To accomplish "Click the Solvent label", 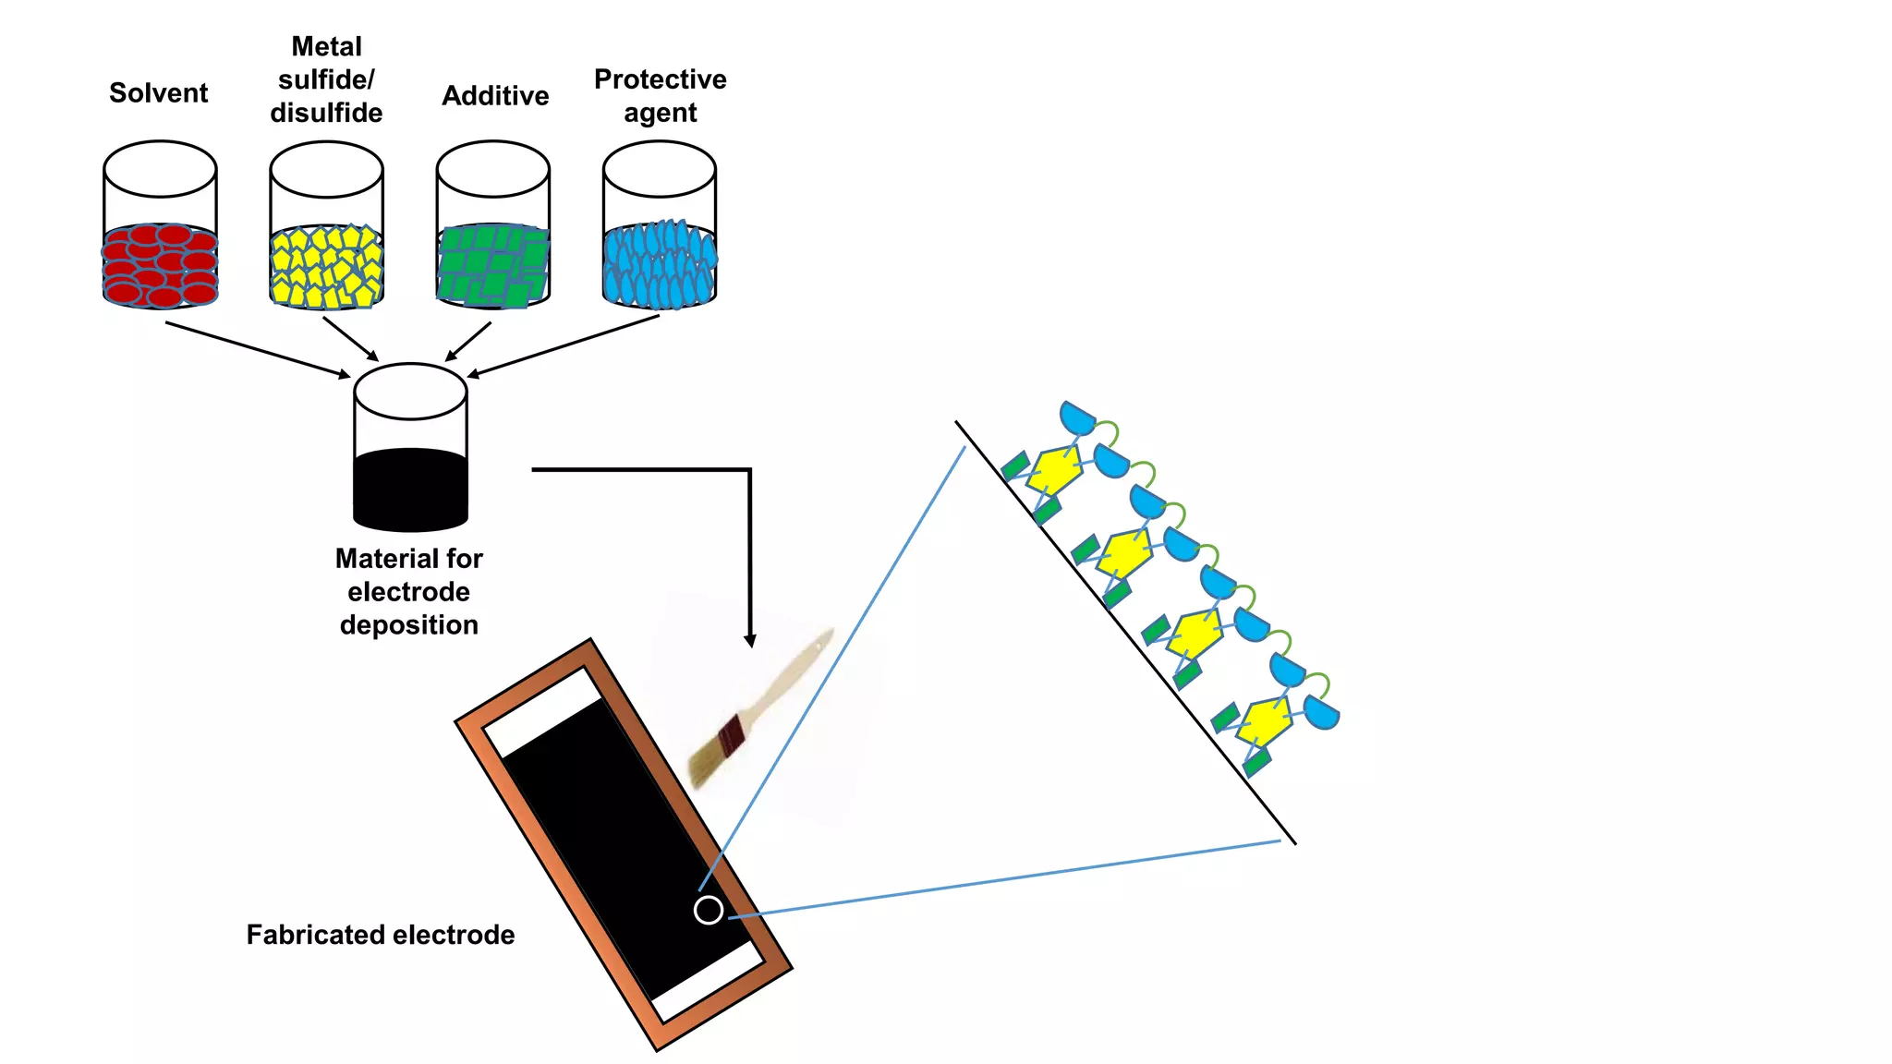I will (158, 93).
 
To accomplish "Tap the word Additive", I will (495, 96).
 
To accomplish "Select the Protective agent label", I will (660, 96).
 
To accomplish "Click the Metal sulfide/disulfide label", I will (326, 79).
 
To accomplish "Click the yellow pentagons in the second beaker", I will (326, 267).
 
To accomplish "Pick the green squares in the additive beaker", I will (492, 265).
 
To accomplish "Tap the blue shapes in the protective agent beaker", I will (659, 265).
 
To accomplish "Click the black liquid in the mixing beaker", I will (410, 490).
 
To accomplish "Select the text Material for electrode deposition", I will (408, 592).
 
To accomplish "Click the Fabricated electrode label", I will (380, 935).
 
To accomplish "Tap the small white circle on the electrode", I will (709, 910).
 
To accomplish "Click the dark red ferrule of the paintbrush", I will (731, 736).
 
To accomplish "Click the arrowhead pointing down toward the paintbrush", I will (750, 640).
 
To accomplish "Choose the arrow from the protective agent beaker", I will (564, 345).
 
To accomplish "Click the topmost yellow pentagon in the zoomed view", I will (1054, 470).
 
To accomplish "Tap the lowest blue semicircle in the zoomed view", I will (1322, 712).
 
